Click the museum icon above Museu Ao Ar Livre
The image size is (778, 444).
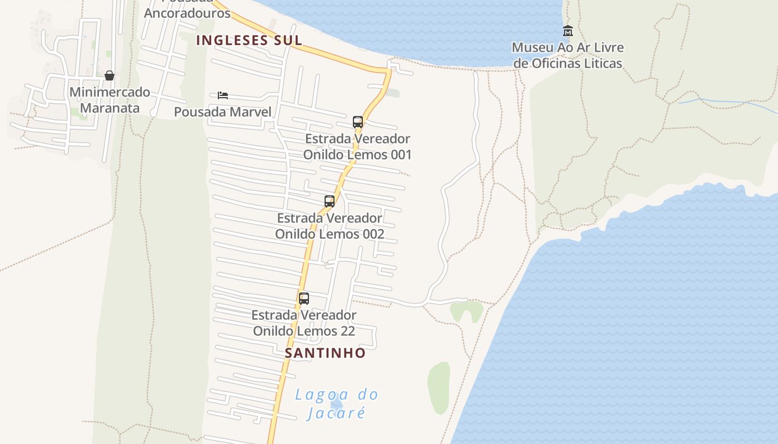pos(567,31)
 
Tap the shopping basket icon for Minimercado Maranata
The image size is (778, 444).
pos(109,75)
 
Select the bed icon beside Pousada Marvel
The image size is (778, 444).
pos(223,95)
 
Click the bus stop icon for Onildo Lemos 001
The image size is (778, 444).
pos(358,122)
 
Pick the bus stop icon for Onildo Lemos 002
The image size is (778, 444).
pos(330,201)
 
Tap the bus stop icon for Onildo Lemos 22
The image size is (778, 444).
pos(304,299)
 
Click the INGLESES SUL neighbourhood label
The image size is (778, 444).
pos(250,40)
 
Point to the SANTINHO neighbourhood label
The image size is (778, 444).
pos(325,353)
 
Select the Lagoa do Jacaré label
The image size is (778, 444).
pos(337,403)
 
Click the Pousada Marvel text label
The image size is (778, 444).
pos(223,112)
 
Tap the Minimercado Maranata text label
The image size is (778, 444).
pos(109,100)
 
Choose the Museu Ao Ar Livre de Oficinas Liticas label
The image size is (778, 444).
pos(567,56)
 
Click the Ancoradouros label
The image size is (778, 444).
pos(187,13)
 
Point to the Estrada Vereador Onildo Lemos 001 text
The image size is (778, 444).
pos(358,147)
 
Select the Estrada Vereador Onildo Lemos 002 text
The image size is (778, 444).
pos(330,226)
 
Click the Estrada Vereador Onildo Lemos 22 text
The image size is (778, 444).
pos(304,323)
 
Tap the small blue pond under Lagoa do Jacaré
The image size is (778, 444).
pos(336,402)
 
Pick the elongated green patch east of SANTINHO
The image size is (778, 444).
pos(439,387)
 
